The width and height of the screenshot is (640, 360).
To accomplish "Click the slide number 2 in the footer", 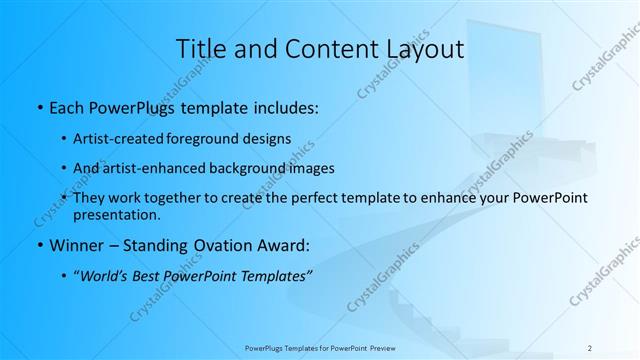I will [590, 347].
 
